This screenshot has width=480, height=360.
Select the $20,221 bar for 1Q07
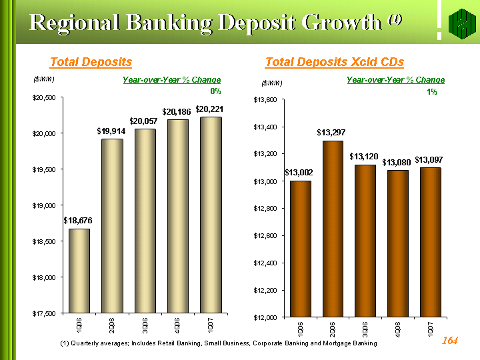tap(210, 215)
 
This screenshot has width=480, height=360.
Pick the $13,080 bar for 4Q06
tap(398, 243)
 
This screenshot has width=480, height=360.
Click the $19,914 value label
tap(111, 131)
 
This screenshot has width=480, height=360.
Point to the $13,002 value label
tap(299, 173)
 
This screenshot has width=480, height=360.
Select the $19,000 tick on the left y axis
tap(47, 205)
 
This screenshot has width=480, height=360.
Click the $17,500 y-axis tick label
tap(47, 313)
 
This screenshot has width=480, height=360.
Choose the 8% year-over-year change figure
tap(215, 91)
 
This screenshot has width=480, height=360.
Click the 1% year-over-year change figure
tap(432, 92)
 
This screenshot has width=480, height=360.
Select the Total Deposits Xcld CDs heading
tap(335, 62)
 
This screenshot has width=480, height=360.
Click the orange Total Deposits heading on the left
tap(91, 62)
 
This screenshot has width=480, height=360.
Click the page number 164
tap(450, 341)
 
